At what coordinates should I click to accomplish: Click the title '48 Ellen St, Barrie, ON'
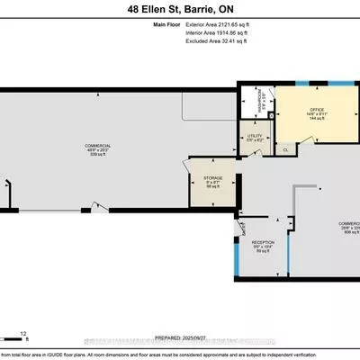[x=180, y=10]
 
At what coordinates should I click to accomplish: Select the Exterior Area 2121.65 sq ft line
[x=214, y=28]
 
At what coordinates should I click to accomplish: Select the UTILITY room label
[x=255, y=136]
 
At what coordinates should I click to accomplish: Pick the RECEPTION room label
[x=264, y=242]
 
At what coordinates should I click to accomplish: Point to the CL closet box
[x=285, y=149]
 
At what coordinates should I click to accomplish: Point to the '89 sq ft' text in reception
[x=264, y=253]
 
